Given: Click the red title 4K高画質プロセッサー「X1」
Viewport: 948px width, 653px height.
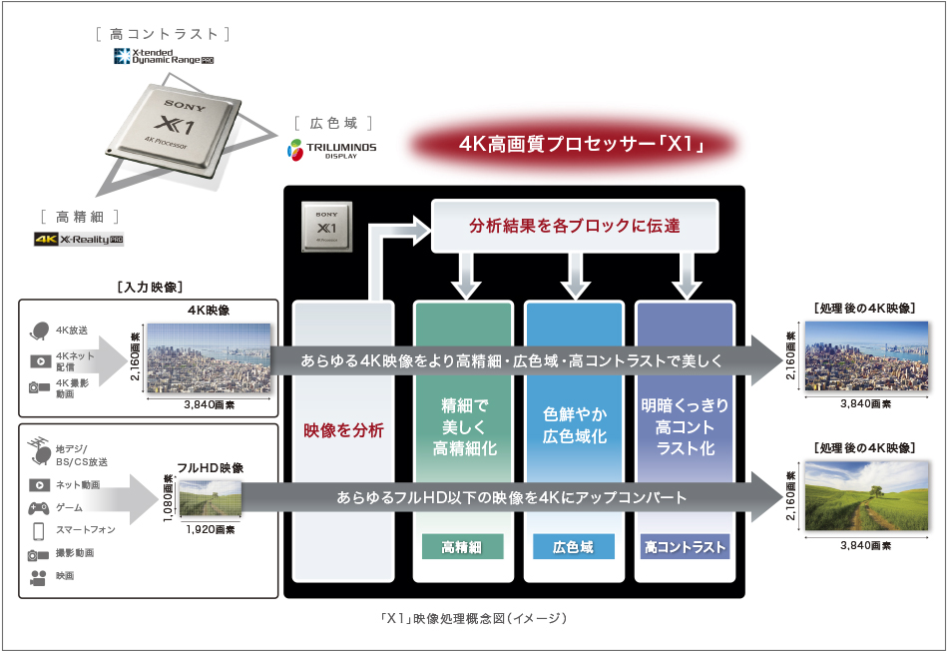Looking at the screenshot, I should pyautogui.click(x=583, y=145).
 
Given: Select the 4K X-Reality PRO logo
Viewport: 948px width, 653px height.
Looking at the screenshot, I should pyautogui.click(x=79, y=240).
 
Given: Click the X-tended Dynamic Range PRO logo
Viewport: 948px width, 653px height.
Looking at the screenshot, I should pyautogui.click(x=164, y=57).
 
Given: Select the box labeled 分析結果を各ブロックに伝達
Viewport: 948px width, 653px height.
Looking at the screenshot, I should pyautogui.click(x=574, y=226).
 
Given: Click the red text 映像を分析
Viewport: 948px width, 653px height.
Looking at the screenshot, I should pyautogui.click(x=343, y=431).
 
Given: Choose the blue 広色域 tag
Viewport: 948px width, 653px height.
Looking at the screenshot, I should pyautogui.click(x=573, y=547).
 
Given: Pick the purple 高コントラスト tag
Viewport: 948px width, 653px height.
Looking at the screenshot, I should pyautogui.click(x=685, y=547).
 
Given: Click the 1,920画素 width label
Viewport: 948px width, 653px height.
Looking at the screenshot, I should pyautogui.click(x=210, y=529).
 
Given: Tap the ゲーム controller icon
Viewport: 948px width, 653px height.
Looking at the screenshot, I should pyautogui.click(x=39, y=507).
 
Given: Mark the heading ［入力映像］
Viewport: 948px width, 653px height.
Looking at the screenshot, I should pyautogui.click(x=149, y=288).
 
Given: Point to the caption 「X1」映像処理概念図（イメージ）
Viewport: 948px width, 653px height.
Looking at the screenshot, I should pyautogui.click(x=474, y=619).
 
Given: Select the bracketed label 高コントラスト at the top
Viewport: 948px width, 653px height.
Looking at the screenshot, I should pyautogui.click(x=164, y=34).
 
